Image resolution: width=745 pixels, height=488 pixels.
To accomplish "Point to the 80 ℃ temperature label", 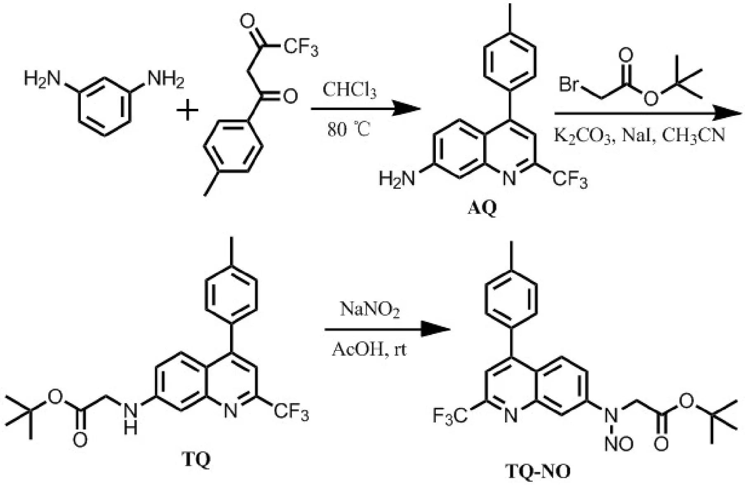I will click(349, 130).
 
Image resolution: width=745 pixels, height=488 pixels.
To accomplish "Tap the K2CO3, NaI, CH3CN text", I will click(639, 136).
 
